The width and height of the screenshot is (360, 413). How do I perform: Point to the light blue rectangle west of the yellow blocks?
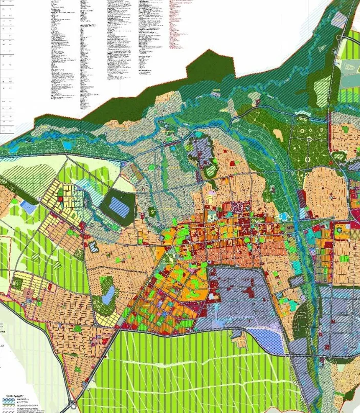(x=29, y=208)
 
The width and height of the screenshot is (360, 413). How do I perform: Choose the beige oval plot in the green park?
(x=278, y=135)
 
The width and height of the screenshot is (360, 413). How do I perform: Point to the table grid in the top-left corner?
(x=8, y=61)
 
